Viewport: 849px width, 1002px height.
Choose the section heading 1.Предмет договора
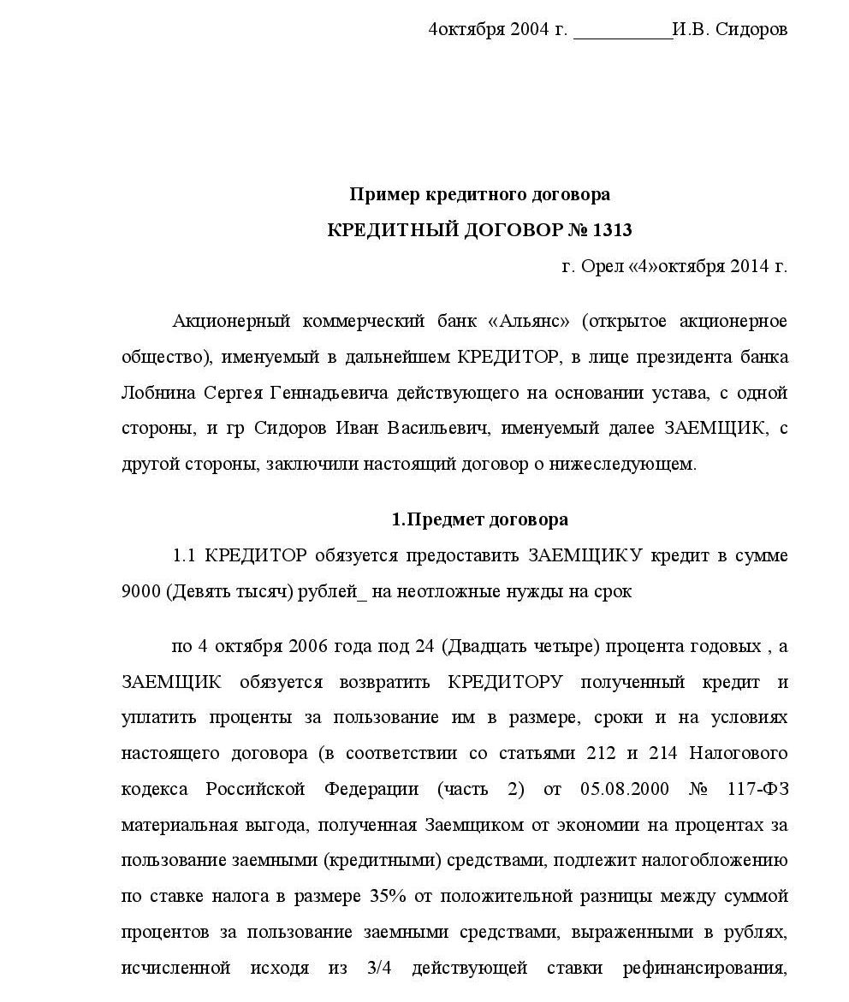pos(479,519)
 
